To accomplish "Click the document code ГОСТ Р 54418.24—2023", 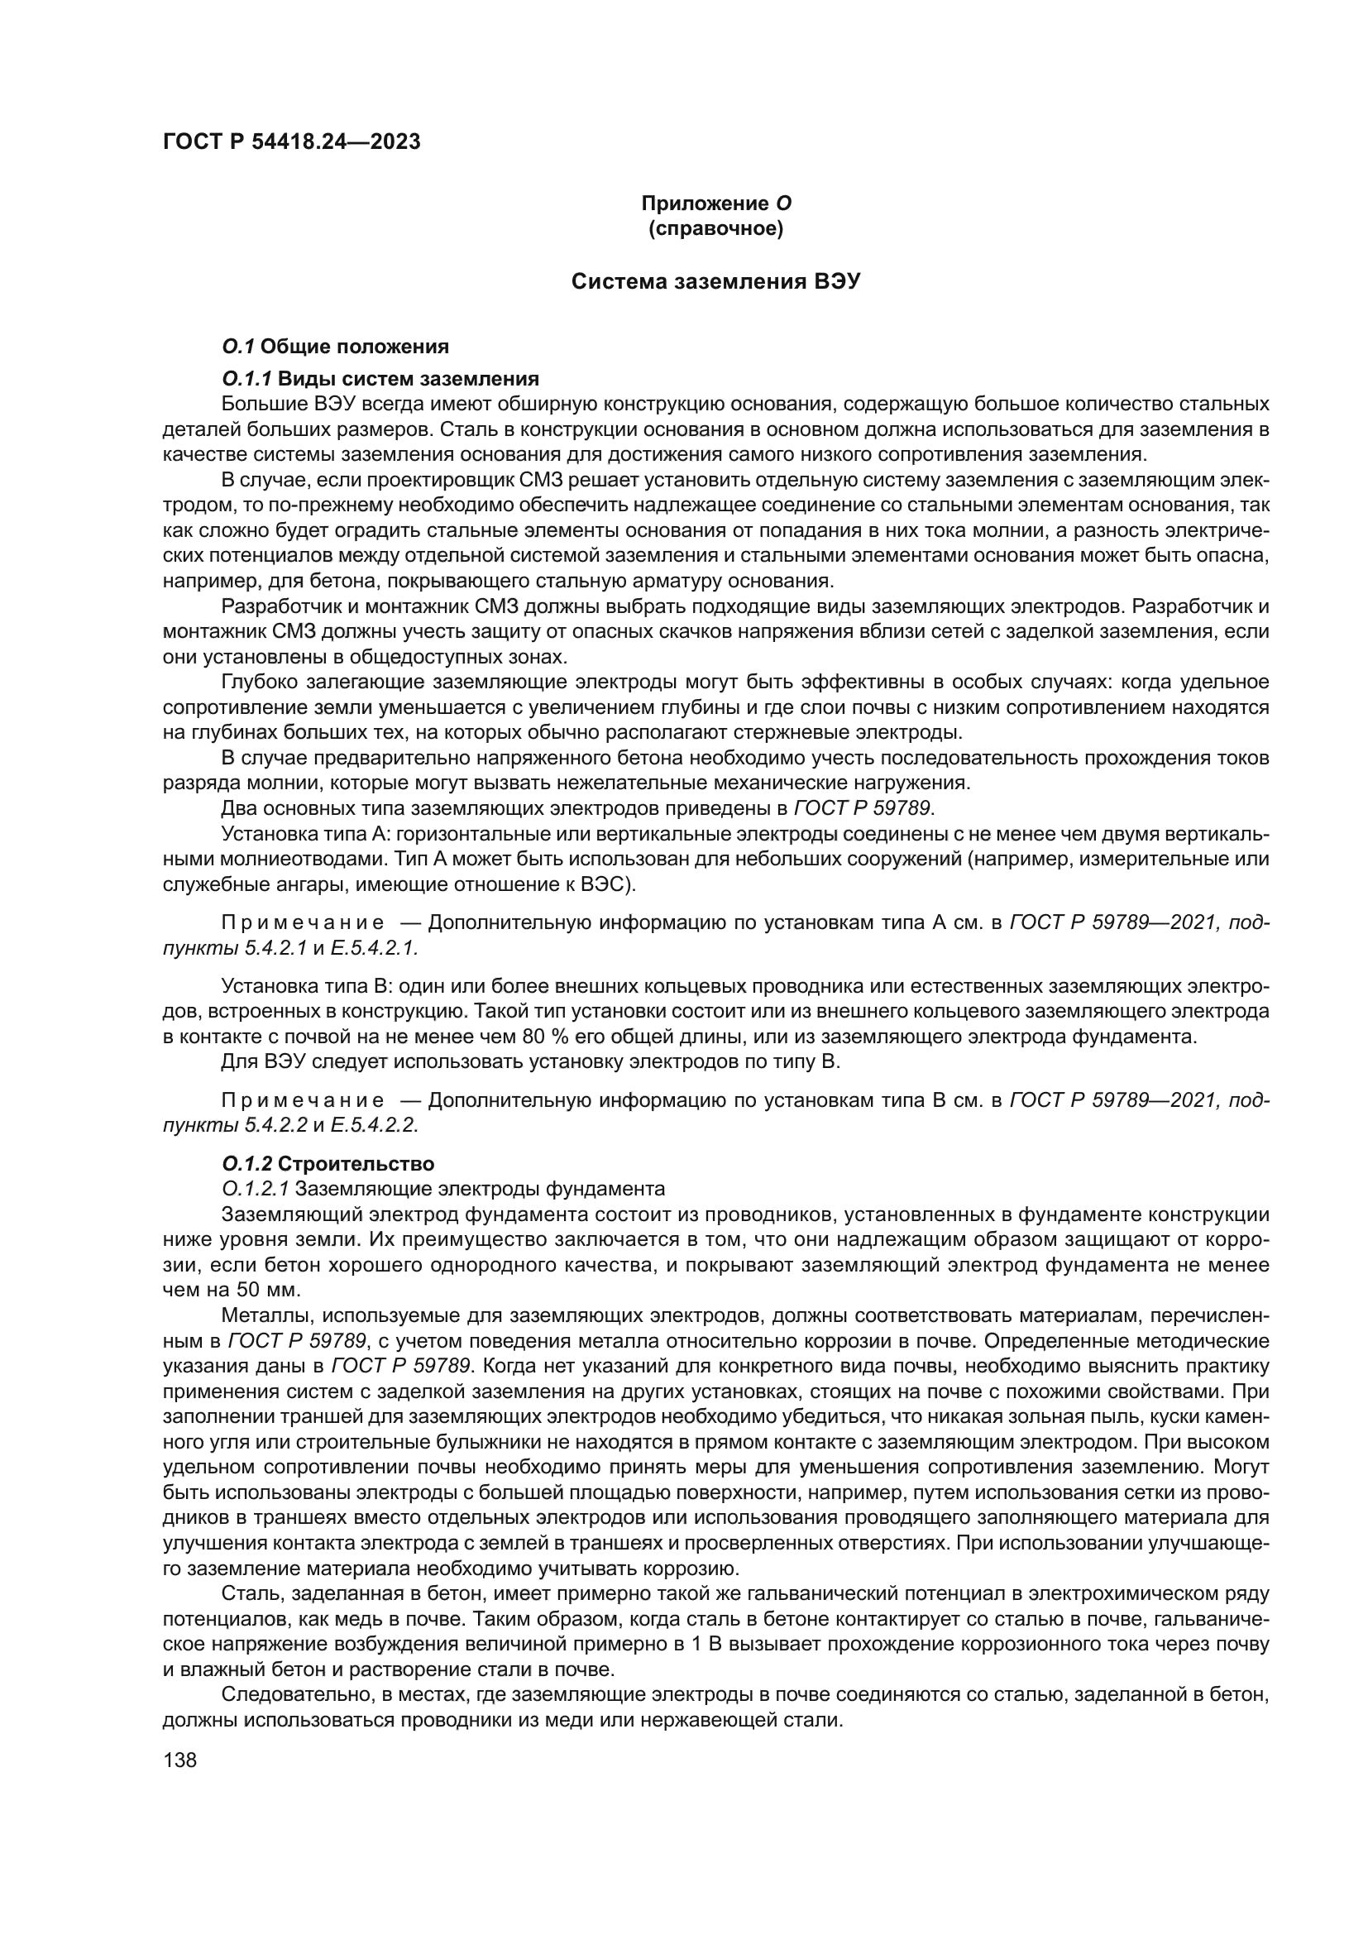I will tap(290, 141).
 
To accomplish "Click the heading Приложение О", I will tap(716, 204).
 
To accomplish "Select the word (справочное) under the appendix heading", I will tap(716, 228).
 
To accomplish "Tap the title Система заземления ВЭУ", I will tap(716, 281).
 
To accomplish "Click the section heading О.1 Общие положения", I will tap(335, 347).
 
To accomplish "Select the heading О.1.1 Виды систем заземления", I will tap(380, 377).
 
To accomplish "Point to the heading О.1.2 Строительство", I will tap(328, 1164).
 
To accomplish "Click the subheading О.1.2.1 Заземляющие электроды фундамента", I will tap(443, 1189).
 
